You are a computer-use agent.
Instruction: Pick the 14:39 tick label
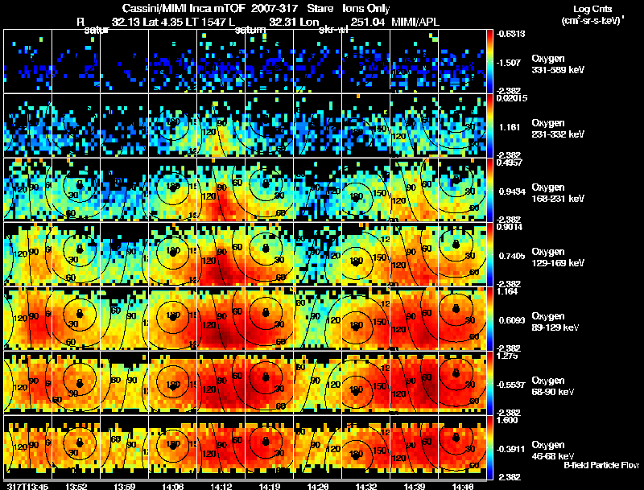(414, 486)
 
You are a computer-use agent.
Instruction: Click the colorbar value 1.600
(508, 420)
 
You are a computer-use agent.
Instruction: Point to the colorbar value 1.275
(508, 356)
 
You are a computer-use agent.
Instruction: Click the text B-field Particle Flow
(601, 465)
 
